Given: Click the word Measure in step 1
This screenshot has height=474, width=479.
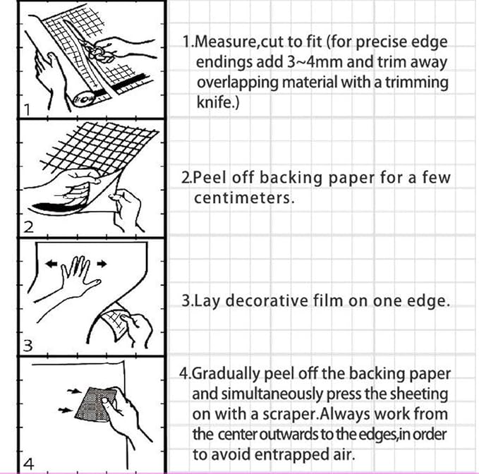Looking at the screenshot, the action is click(226, 42).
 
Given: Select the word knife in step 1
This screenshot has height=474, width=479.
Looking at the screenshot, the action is click(214, 102).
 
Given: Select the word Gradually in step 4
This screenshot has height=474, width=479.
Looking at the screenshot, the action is click(226, 375).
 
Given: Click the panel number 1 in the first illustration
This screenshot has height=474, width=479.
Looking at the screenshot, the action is click(28, 110).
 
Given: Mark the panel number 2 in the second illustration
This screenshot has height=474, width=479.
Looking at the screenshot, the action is click(28, 227).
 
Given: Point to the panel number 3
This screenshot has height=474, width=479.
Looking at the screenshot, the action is click(28, 346).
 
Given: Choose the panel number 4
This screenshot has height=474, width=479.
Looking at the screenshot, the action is click(28, 464).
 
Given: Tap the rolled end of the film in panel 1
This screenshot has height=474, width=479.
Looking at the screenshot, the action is click(83, 98).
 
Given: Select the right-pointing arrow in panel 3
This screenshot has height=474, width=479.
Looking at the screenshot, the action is click(102, 264).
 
